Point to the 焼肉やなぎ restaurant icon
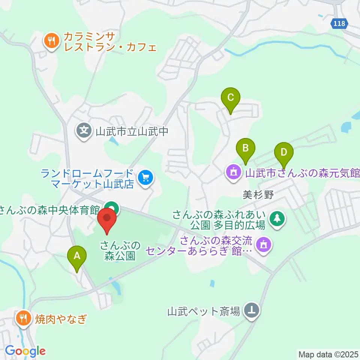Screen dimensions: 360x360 point(24,318)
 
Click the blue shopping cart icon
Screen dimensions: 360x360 point(145,177)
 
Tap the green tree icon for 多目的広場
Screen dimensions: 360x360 point(277,218)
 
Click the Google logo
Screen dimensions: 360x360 point(25,351)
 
